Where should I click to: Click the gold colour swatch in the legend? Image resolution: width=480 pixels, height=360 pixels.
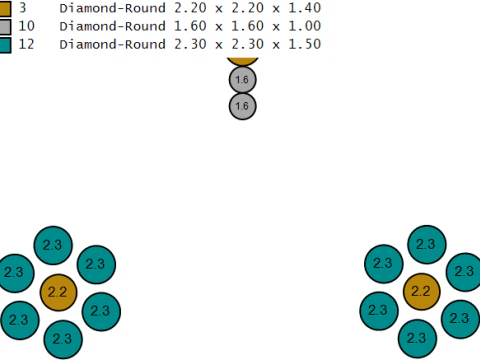click(5, 8)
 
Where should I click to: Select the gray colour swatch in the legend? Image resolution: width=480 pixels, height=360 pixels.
click(5, 27)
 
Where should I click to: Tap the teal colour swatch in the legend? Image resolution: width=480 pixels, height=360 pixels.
click(5, 45)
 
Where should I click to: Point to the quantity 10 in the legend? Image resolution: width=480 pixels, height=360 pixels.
click(26, 26)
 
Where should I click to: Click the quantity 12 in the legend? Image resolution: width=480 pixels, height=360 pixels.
click(26, 44)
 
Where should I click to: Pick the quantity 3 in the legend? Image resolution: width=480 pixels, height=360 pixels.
click(22, 8)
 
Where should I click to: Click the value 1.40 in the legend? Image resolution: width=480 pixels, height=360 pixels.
click(304, 8)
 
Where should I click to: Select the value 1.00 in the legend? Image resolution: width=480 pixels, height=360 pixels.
click(304, 26)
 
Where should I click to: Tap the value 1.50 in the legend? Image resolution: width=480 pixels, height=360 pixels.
click(304, 44)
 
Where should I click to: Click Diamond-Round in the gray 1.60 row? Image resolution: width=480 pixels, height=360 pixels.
click(113, 26)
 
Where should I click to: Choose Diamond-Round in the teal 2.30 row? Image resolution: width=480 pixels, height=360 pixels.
click(113, 44)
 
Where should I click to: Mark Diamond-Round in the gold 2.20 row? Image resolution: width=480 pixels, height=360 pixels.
click(113, 8)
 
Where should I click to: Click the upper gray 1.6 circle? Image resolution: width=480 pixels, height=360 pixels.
click(243, 80)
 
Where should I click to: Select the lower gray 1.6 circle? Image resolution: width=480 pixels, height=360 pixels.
click(243, 106)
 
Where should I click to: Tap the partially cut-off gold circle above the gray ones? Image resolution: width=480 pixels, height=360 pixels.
click(243, 61)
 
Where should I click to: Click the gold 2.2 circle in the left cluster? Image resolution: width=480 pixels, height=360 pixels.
click(58, 292)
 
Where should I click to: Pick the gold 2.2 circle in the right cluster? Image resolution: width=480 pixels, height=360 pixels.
click(421, 292)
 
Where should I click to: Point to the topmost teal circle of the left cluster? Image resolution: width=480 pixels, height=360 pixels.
click(53, 245)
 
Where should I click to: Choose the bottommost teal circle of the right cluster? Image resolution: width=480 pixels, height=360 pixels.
click(417, 338)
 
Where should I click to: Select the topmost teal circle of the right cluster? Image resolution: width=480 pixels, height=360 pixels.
click(427, 245)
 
